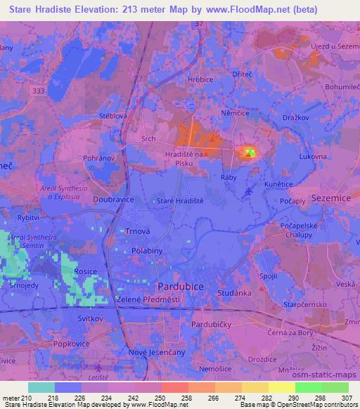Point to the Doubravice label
coord(112,199)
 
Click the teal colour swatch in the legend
coord(41,387)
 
